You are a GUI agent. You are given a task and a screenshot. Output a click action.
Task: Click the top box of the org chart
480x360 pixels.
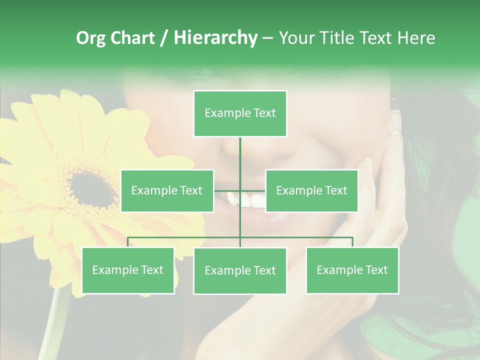click(x=240, y=113)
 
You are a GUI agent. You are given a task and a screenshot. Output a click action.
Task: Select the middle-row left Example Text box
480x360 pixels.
click(x=167, y=190)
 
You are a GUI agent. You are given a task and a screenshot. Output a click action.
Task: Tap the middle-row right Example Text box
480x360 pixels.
click(x=311, y=190)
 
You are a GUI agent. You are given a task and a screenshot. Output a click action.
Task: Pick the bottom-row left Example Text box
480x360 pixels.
click(x=128, y=270)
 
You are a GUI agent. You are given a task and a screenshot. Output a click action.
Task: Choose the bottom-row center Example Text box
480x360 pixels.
click(x=240, y=270)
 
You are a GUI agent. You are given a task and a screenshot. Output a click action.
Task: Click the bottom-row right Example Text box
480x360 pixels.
click(x=352, y=270)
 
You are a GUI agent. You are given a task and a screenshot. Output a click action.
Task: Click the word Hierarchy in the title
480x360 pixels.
click(x=215, y=38)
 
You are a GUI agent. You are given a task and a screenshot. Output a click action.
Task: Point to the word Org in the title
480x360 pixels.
click(x=90, y=38)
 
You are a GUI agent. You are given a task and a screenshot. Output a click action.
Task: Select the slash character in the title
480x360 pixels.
click(x=163, y=38)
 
